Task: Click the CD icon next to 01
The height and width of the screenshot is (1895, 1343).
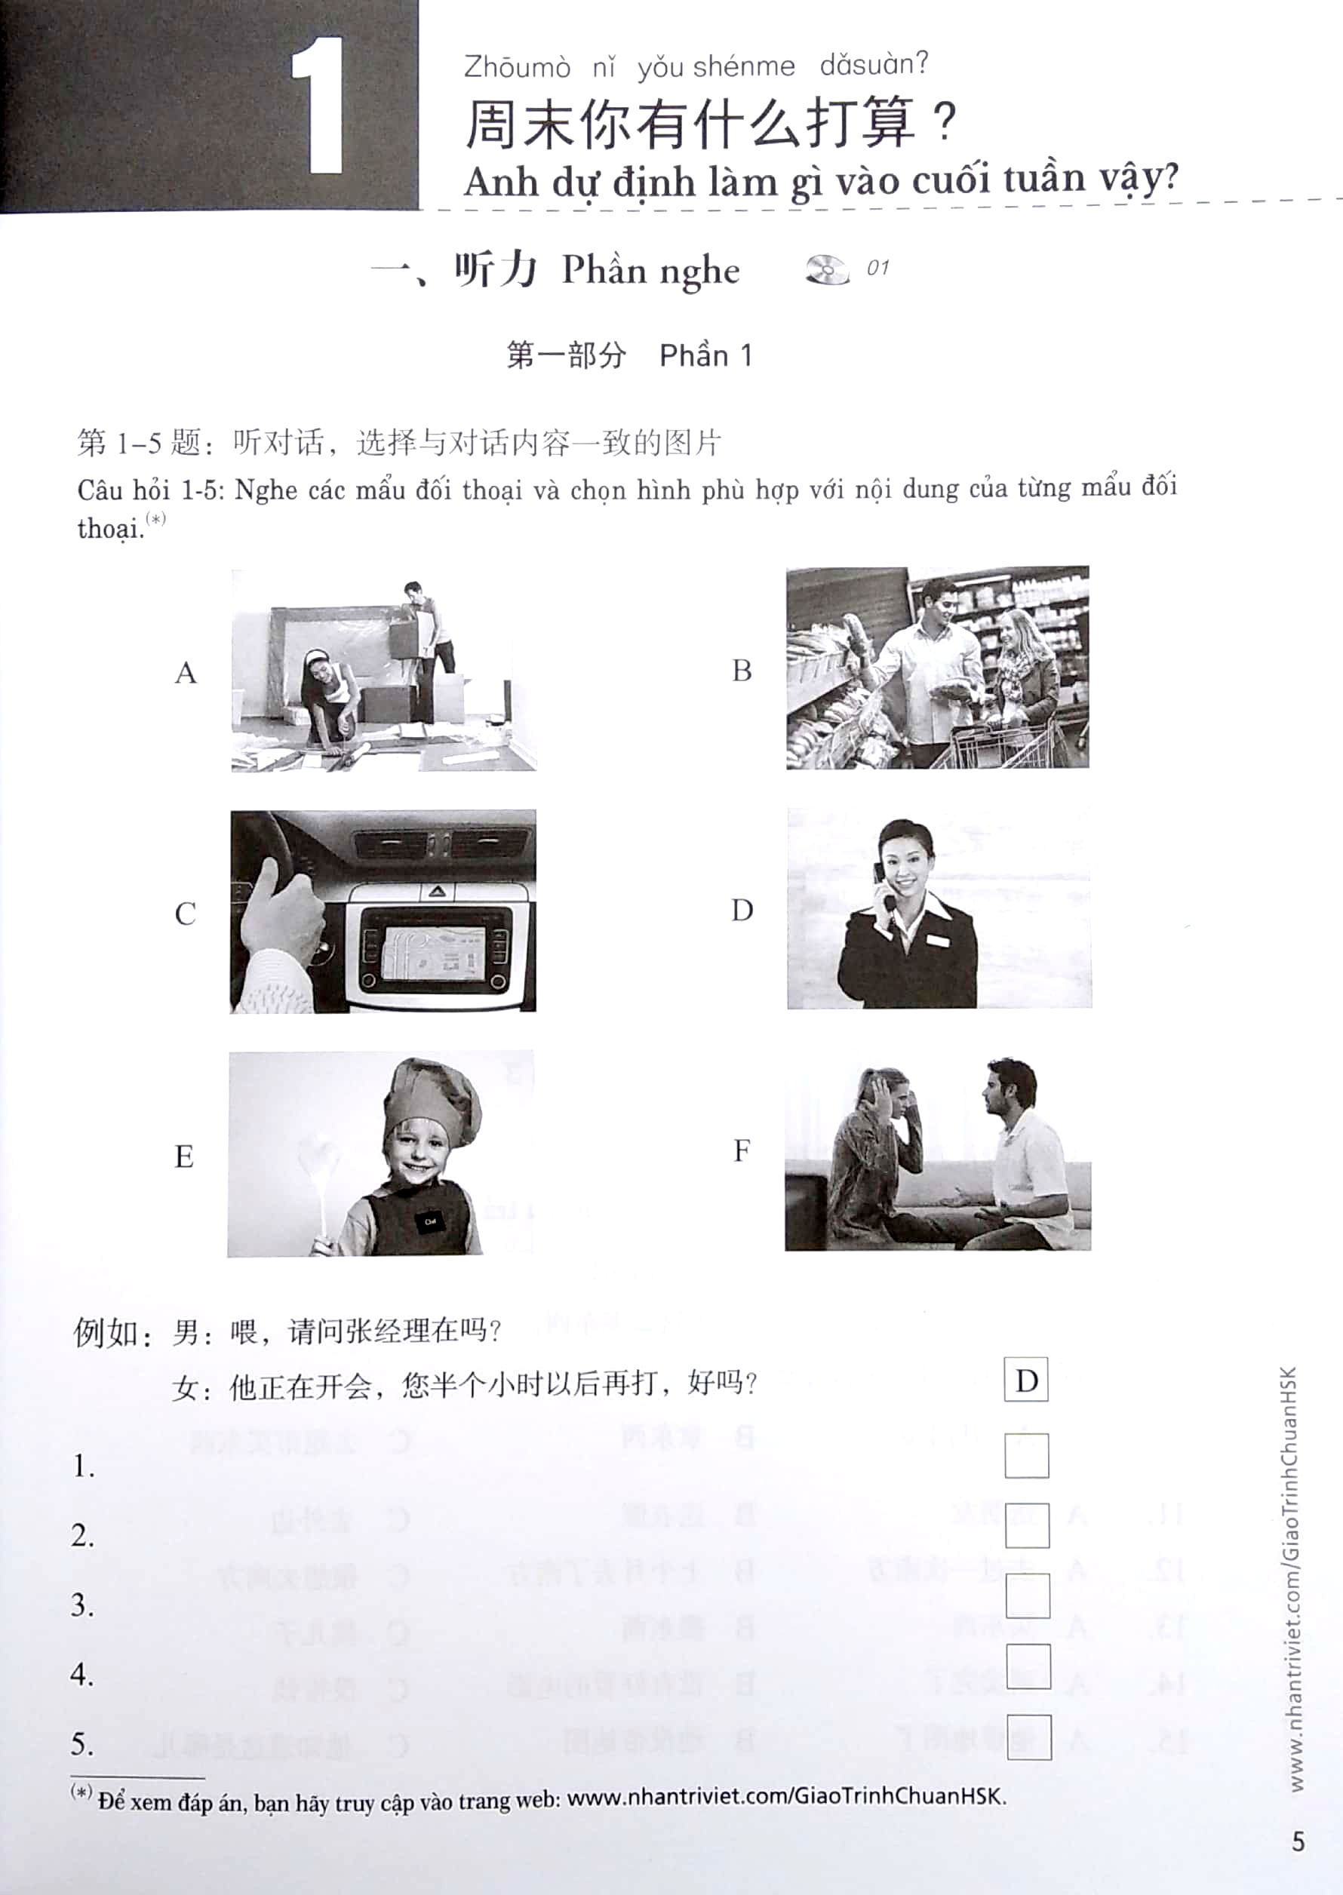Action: point(826,269)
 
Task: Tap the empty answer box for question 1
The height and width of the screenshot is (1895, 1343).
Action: point(1026,1456)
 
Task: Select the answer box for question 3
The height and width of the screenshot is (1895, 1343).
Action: point(1027,1595)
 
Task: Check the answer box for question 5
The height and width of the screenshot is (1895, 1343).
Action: point(1028,1737)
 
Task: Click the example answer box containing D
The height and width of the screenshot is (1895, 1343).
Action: point(1025,1379)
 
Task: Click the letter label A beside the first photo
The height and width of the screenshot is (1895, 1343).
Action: point(186,673)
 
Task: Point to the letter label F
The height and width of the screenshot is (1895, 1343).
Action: point(742,1150)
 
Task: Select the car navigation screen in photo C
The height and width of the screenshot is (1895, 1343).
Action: point(433,951)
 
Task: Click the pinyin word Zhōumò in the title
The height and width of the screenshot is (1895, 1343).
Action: point(517,67)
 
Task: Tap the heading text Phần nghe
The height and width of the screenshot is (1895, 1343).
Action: point(650,270)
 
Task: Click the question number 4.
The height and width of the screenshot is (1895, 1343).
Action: point(82,1674)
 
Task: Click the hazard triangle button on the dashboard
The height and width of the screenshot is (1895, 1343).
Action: point(438,891)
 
